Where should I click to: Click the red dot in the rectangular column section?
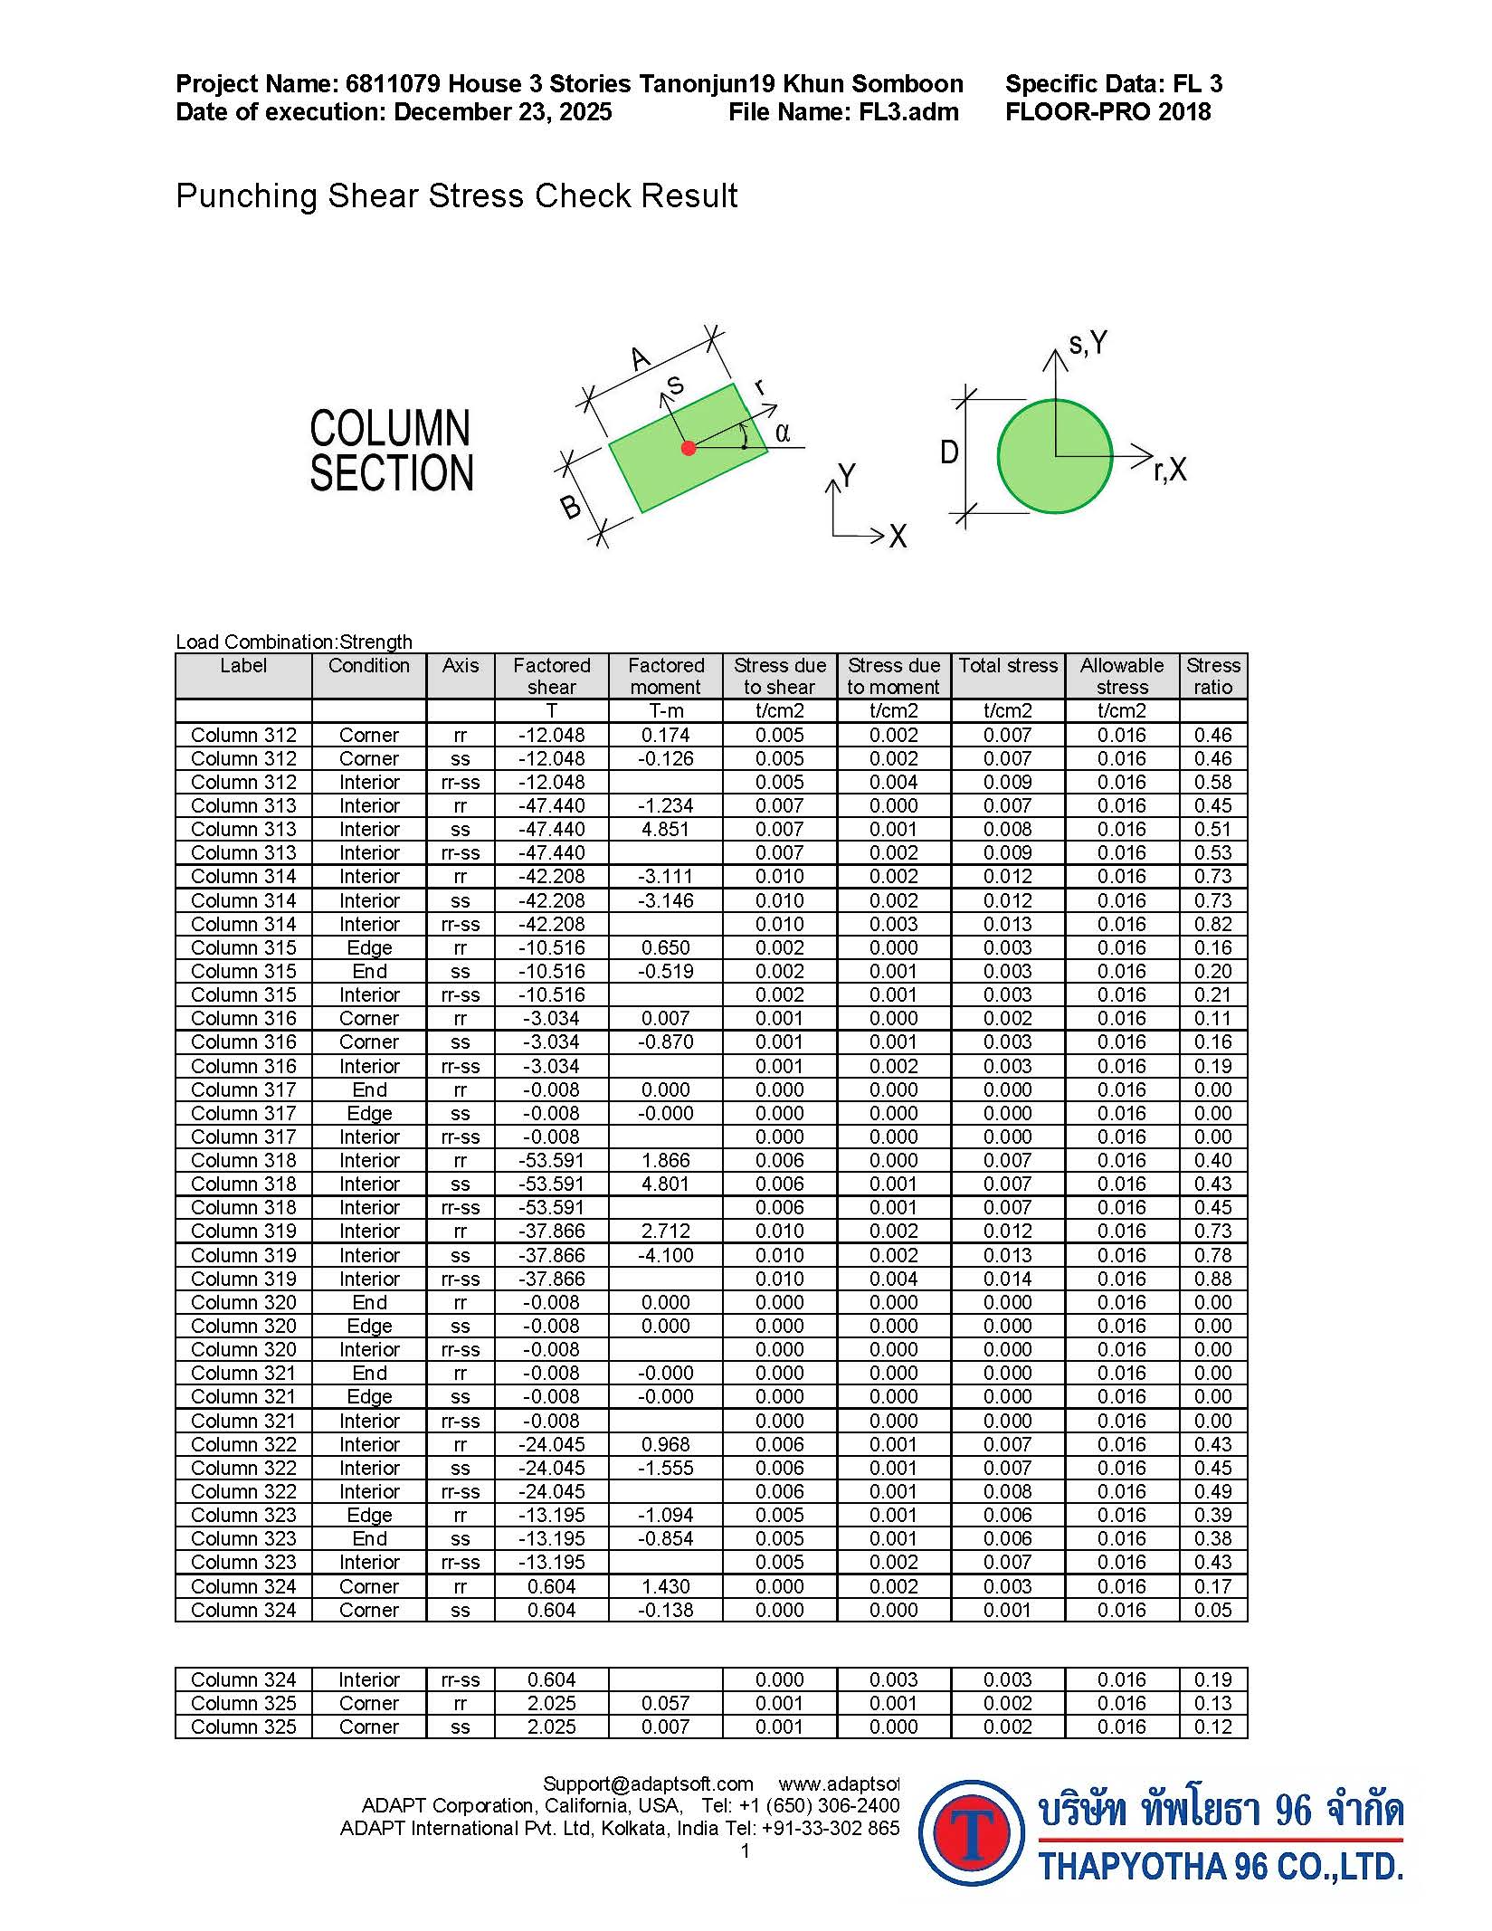pyautogui.click(x=689, y=448)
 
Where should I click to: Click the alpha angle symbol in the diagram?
pyautogui.click(x=783, y=433)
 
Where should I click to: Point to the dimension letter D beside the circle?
pyautogui.click(x=948, y=452)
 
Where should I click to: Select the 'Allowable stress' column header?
pyautogui.click(x=1122, y=676)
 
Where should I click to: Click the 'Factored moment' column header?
pyautogui.click(x=666, y=676)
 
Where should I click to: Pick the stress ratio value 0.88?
pyautogui.click(x=1212, y=1279)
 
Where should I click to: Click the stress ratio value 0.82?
pyautogui.click(x=1212, y=924)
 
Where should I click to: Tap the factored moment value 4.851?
pyautogui.click(x=666, y=829)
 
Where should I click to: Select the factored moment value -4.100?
pyautogui.click(x=666, y=1255)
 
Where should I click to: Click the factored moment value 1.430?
pyautogui.click(x=666, y=1586)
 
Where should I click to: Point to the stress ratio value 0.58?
pyautogui.click(x=1212, y=782)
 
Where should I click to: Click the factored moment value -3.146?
pyautogui.click(x=666, y=900)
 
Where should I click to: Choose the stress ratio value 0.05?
pyautogui.click(x=1212, y=1610)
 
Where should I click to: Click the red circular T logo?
pyautogui.click(x=972, y=1832)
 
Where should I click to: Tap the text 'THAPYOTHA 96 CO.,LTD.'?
pyautogui.click(x=1221, y=1866)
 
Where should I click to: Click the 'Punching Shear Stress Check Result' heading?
pyautogui.click(x=456, y=195)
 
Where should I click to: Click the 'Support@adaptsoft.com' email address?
pyautogui.click(x=648, y=1784)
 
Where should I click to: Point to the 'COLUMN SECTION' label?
pyautogui.click(x=391, y=451)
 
